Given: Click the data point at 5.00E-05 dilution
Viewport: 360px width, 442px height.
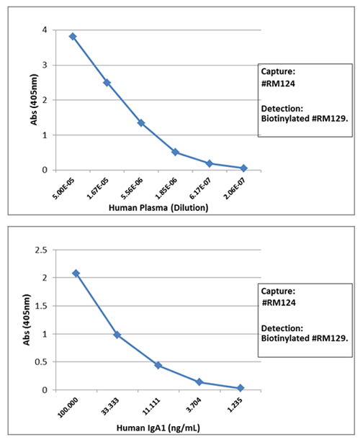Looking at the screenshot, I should [x=73, y=36].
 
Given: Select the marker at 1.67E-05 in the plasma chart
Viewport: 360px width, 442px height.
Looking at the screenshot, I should [x=107, y=82].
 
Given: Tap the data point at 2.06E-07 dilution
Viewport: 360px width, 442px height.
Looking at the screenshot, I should [x=243, y=168].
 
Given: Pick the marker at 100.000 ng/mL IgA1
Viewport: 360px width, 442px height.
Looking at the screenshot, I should [x=76, y=274].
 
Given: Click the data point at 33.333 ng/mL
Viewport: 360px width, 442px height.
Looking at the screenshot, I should [x=117, y=335].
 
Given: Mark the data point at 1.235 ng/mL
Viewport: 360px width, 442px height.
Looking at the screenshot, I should [x=240, y=388].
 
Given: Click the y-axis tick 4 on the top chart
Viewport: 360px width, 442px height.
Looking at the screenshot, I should [x=45, y=30].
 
